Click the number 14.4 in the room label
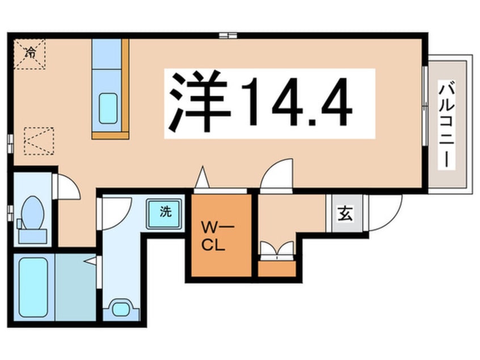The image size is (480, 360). click(x=296, y=103)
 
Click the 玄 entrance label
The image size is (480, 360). click(x=345, y=213)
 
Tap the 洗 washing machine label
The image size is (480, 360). click(x=166, y=211)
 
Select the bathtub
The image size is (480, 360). click(x=33, y=287)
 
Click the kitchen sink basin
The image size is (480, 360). click(x=108, y=108)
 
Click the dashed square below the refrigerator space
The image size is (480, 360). click(x=39, y=141)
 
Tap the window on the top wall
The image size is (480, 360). click(x=228, y=35)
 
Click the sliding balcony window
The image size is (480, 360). click(x=425, y=106)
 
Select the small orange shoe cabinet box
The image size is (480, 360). click(x=277, y=269)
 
